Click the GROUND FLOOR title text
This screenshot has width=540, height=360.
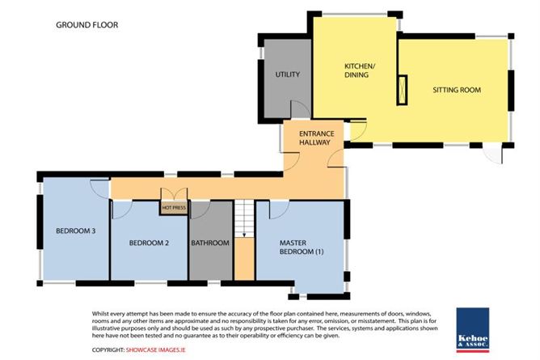click(x=86, y=25)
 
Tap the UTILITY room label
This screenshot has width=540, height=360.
click(x=287, y=74)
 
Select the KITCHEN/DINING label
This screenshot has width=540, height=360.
click(x=358, y=70)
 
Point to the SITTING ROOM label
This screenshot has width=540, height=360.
click(x=457, y=90)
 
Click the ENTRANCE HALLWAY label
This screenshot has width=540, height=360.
click(x=317, y=138)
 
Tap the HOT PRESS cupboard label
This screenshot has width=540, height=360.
click(x=174, y=208)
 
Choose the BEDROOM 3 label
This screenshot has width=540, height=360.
click(x=75, y=231)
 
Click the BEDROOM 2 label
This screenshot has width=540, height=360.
click(x=149, y=243)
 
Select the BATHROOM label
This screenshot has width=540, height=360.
click(x=210, y=243)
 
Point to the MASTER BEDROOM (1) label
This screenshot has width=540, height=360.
click(x=302, y=247)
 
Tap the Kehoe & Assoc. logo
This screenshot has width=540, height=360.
click(x=473, y=330)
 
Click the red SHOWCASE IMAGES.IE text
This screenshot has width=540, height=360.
click(x=156, y=349)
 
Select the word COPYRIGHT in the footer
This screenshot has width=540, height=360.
click(x=108, y=349)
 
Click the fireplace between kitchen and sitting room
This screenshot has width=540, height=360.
click(x=402, y=90)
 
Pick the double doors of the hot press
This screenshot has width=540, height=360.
click(x=175, y=194)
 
